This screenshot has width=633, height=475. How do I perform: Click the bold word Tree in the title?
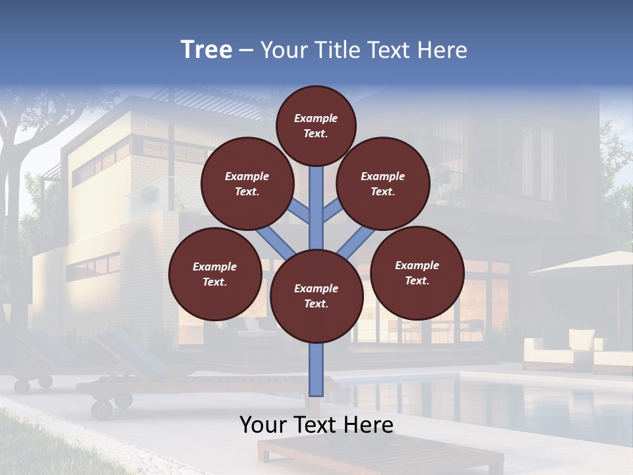pyautogui.click(x=206, y=50)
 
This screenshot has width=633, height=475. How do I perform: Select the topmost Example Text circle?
pyautogui.click(x=316, y=125)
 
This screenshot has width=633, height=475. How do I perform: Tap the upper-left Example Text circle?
pyautogui.click(x=247, y=184)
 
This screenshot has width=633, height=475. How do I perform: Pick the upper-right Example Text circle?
pyautogui.click(x=383, y=184)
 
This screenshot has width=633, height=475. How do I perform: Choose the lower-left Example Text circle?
pyautogui.click(x=215, y=274)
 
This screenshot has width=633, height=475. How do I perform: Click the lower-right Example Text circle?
pyautogui.click(x=417, y=272)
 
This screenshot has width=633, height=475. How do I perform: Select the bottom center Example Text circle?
pyautogui.click(x=316, y=296)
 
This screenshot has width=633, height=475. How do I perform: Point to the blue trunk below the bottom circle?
pyautogui.click(x=316, y=369)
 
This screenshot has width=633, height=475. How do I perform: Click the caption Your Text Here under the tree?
pyautogui.click(x=316, y=425)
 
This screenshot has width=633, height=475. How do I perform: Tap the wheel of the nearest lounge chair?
pyautogui.click(x=102, y=409)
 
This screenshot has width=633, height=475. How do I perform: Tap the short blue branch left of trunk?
pyautogui.click(x=298, y=212)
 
